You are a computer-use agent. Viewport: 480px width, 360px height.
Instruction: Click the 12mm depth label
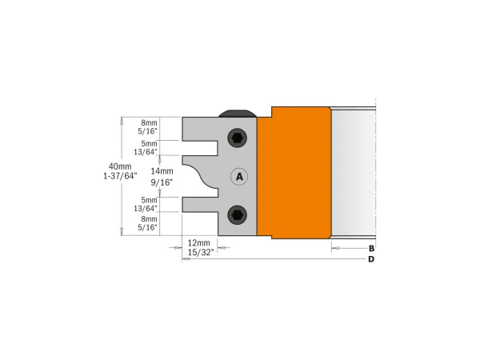coord(198,242)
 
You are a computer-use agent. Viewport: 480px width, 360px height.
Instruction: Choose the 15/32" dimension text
coord(198,253)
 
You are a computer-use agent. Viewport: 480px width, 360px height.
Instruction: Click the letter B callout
coord(371,249)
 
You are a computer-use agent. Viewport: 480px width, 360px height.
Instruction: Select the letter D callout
coord(371,260)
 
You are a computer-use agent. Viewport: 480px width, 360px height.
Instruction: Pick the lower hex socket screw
coord(238,214)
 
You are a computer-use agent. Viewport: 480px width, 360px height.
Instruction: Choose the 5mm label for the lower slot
coord(149,199)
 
